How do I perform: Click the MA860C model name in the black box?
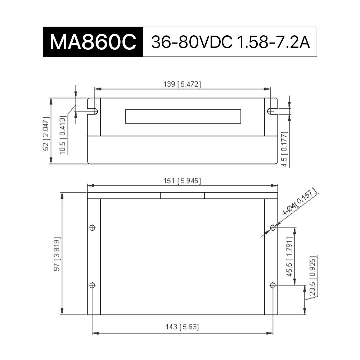93,42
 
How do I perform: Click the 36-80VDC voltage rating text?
192,42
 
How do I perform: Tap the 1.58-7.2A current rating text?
273,42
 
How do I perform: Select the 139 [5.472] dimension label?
182,84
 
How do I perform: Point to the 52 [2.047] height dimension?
46,134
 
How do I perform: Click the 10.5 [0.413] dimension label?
63,135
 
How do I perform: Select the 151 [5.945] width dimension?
182,181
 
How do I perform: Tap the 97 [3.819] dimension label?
57,254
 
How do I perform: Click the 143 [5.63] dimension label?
182,327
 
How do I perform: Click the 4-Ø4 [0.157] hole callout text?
300,202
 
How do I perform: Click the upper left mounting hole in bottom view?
92,228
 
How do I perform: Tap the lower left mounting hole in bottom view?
92,285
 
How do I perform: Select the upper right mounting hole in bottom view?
273,228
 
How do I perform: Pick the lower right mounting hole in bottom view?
273,285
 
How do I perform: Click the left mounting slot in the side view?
93,111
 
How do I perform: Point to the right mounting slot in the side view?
272,111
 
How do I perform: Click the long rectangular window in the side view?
183,116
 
